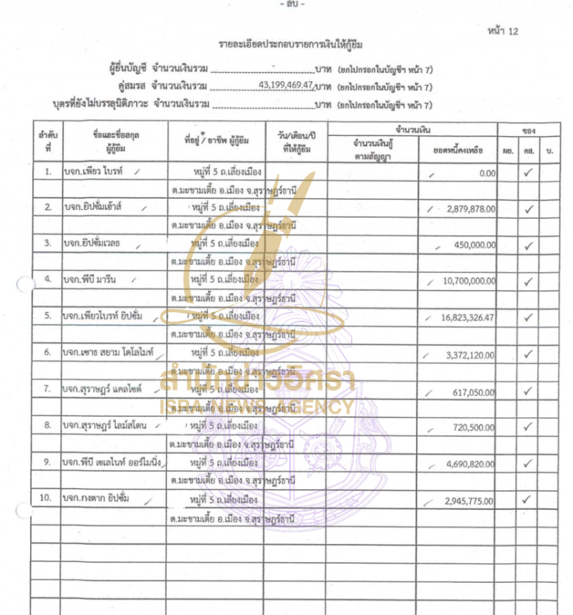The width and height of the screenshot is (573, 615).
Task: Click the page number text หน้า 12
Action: [x=502, y=31]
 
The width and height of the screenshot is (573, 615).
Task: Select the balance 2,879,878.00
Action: [x=470, y=208]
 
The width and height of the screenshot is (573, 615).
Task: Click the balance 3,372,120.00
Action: [x=470, y=354]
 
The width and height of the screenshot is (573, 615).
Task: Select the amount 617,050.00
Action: [x=474, y=390]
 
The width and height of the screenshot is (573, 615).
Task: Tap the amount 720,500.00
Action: [x=474, y=427]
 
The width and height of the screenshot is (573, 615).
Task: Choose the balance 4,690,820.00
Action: [x=470, y=463]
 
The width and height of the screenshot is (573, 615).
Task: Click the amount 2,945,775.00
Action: [x=470, y=500]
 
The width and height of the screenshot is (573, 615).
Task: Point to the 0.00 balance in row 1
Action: [x=488, y=173]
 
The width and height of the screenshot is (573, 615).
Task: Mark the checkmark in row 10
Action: [x=528, y=499]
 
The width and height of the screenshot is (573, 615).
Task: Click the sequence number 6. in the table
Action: [x=47, y=353]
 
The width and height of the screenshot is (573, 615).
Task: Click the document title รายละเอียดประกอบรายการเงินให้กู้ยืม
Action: [x=291, y=44]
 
